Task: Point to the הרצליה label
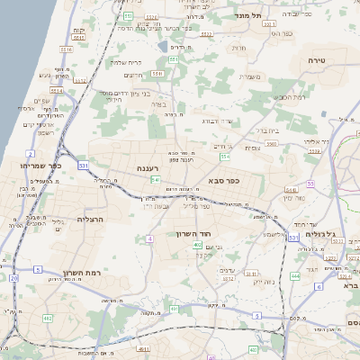pos(91,219)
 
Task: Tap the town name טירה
pos(320,60)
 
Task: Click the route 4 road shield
pos(149,238)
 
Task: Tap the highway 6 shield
pos(318,286)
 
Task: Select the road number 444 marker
pos(295,276)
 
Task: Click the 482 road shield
pos(47,319)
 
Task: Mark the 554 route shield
pos(224,157)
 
